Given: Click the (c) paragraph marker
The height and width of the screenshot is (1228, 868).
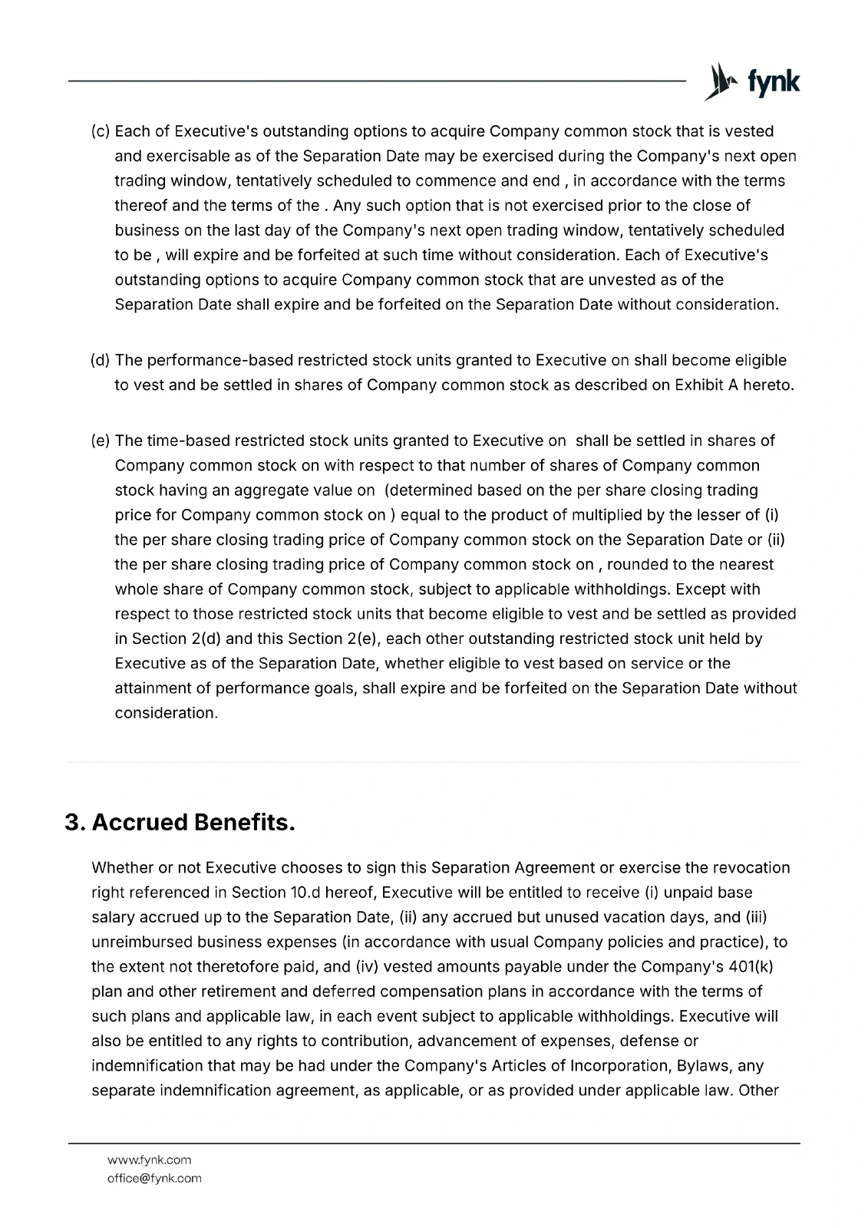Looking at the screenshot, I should tap(101, 131).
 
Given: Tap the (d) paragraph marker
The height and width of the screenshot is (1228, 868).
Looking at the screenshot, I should tap(101, 360).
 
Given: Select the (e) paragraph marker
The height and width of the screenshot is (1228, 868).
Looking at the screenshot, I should tap(101, 441).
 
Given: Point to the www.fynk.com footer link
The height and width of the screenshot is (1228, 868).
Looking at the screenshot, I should tap(149, 1160).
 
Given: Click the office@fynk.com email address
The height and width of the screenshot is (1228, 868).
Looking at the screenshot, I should tap(154, 1178).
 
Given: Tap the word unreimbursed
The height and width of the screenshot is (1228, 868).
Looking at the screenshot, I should tap(142, 942).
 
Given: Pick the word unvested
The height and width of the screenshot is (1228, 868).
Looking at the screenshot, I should tap(573, 279).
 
